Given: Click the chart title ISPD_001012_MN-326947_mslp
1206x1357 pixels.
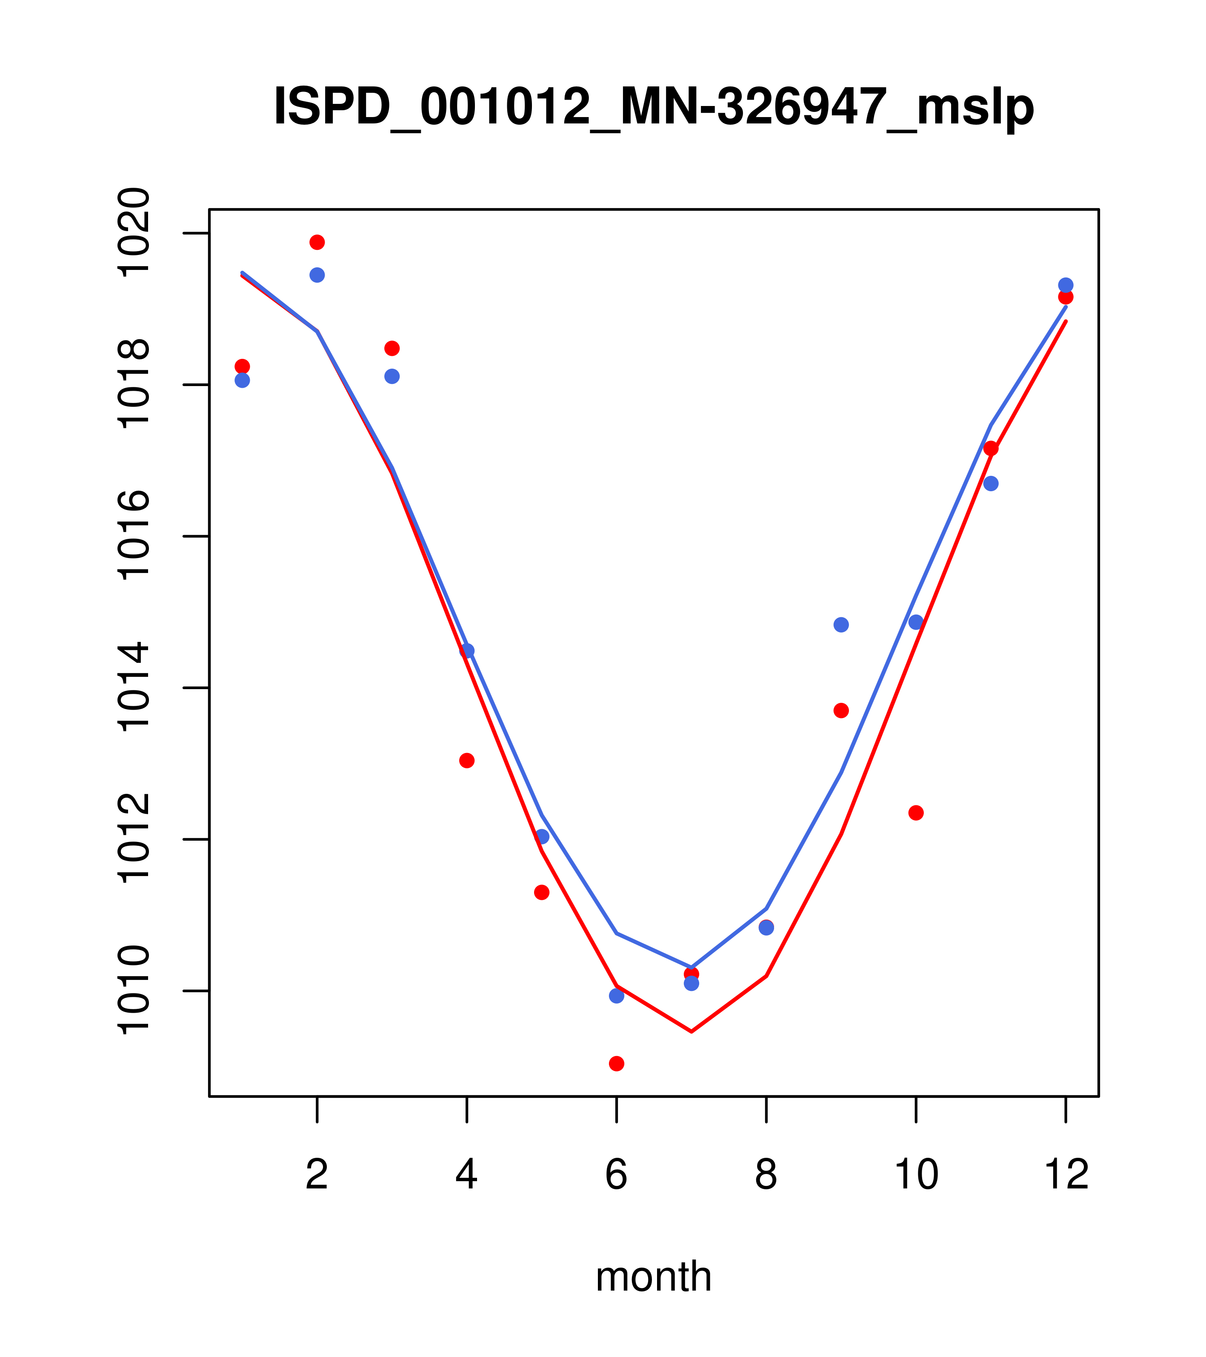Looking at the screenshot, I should click(x=654, y=107).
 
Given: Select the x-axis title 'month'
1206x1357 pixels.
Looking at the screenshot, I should click(x=654, y=1277).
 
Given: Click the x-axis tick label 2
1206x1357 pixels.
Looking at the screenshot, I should click(x=317, y=1174).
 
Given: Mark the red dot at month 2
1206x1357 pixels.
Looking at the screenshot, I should click(x=317, y=242).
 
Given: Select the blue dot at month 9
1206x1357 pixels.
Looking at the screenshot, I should click(x=841, y=625).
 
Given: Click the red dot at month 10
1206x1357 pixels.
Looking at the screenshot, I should click(x=916, y=813).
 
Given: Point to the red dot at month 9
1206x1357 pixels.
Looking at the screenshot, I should click(x=841, y=710).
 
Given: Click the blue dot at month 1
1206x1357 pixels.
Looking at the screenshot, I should click(x=242, y=381).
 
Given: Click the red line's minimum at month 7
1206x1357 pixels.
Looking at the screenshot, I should click(x=692, y=1031).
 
